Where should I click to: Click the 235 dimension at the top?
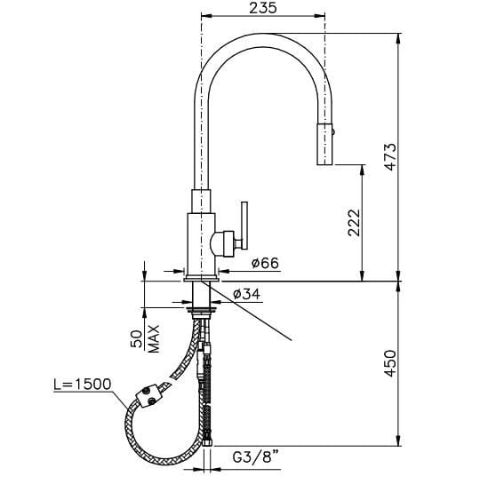[263, 8]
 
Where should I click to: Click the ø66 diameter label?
[267, 264]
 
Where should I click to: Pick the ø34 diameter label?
[245, 295]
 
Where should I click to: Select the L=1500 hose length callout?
[82, 384]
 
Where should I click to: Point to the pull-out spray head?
[325, 142]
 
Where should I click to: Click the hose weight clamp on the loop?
[148, 397]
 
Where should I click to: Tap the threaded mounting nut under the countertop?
[204, 312]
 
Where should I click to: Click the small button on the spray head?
[335, 131]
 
